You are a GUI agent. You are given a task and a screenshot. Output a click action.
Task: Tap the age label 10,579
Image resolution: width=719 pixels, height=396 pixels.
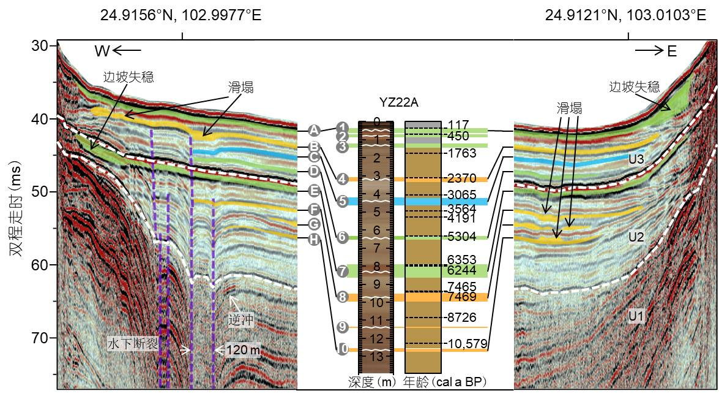[x=468, y=344]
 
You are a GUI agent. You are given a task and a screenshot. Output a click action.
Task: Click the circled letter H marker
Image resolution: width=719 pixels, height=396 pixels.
[x=314, y=239]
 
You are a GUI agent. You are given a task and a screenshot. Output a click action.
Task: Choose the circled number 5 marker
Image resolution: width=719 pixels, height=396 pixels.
[x=343, y=201]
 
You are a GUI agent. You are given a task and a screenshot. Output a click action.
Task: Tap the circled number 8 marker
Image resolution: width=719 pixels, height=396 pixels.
[x=343, y=297]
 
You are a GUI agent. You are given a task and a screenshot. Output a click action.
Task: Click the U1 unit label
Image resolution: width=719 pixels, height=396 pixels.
[x=636, y=316]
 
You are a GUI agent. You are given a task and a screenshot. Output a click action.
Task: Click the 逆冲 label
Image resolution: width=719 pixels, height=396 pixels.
[x=240, y=319]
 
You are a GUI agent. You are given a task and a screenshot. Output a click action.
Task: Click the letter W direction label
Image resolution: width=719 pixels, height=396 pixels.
[x=101, y=51]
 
